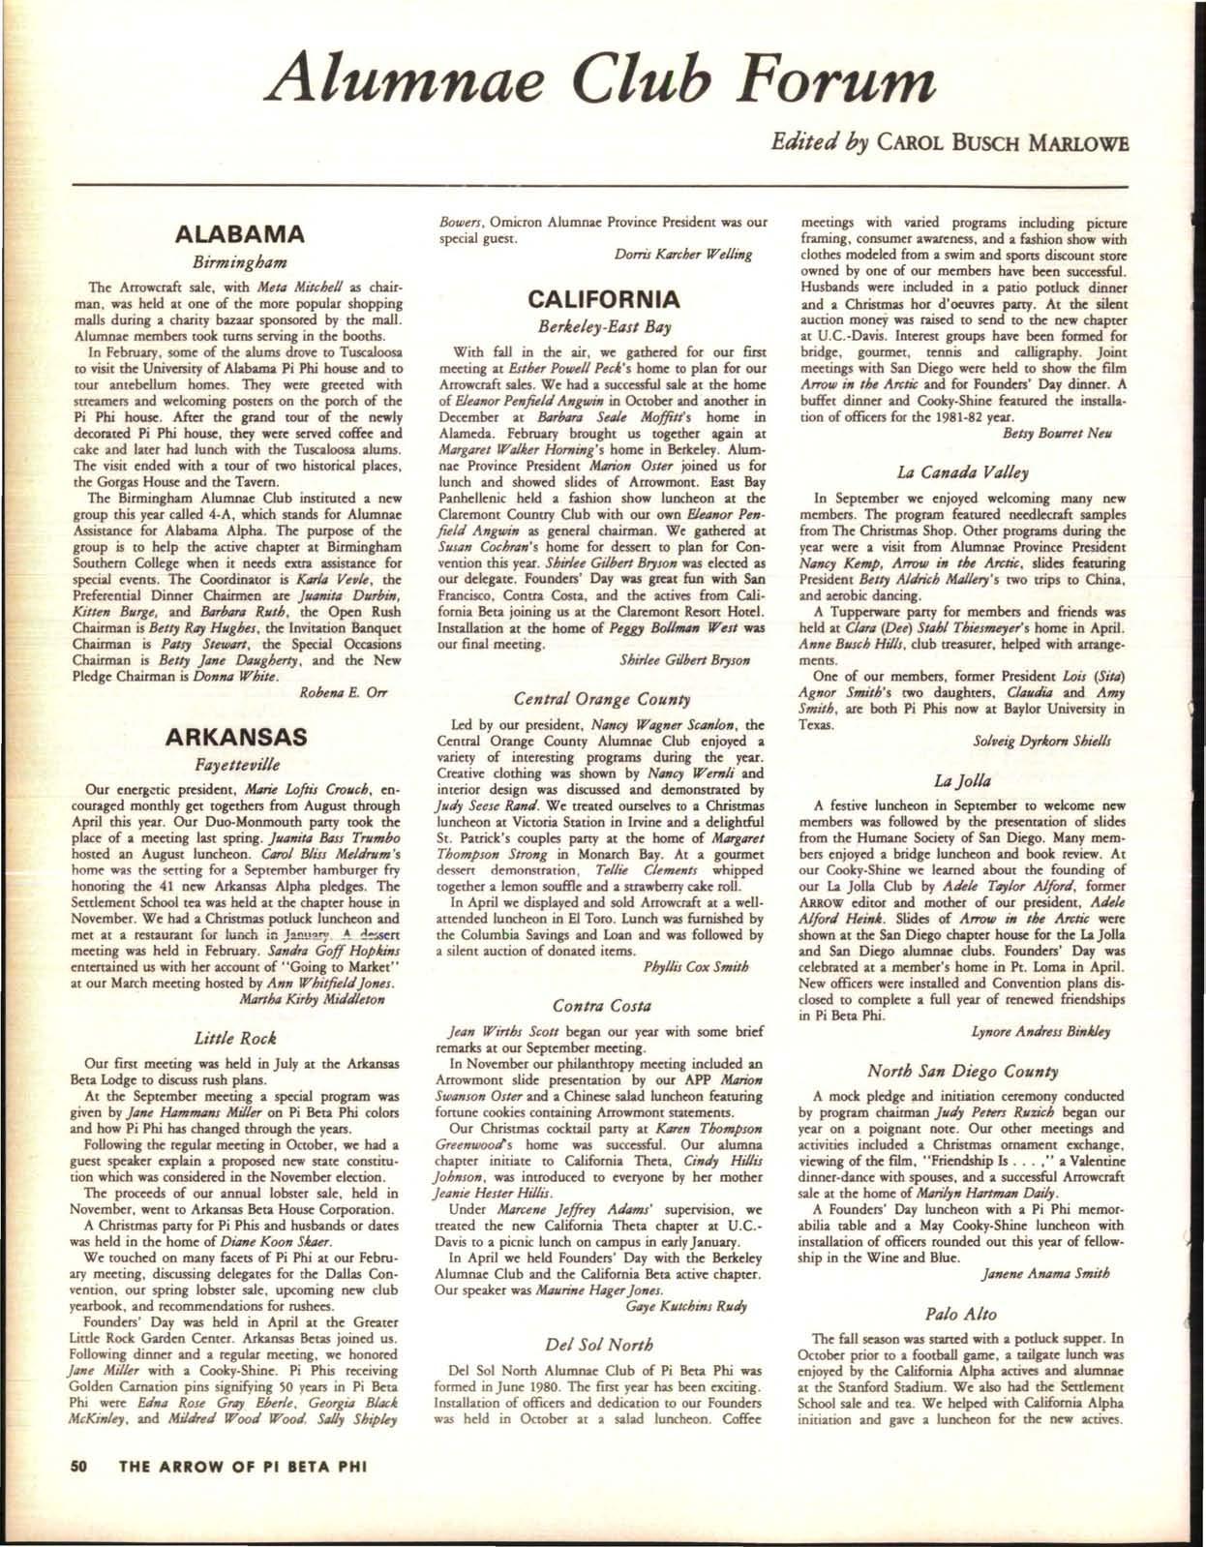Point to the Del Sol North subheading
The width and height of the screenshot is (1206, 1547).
[601, 1344]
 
